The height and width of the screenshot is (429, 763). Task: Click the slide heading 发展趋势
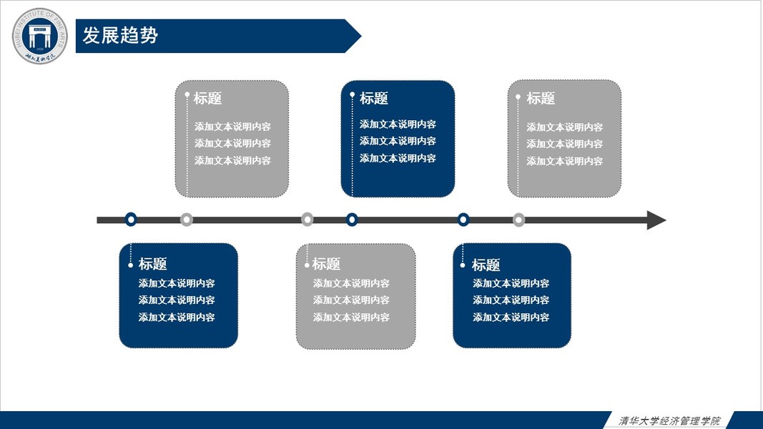tap(120, 35)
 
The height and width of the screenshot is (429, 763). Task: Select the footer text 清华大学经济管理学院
tap(669, 420)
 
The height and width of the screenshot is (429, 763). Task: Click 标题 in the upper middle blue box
tap(374, 99)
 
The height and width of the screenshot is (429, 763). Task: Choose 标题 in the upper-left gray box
tap(207, 99)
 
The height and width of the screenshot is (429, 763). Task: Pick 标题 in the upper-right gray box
tap(541, 99)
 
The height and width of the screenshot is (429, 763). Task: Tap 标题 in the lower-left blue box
tap(152, 265)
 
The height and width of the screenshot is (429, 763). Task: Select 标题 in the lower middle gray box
tap(326, 265)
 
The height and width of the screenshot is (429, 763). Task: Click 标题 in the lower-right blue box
tap(486, 265)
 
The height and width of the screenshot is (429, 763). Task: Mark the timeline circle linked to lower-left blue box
tap(131, 220)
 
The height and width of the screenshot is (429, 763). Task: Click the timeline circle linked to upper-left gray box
tap(187, 220)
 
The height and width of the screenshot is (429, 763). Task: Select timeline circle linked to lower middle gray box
tap(307, 220)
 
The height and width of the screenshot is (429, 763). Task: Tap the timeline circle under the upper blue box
tap(352, 220)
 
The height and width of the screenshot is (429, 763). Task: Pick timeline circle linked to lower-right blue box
tap(463, 220)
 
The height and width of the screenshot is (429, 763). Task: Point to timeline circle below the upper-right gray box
tap(519, 220)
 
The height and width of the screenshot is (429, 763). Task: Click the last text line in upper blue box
tap(398, 159)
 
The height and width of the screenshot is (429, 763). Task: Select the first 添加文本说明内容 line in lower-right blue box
tap(511, 284)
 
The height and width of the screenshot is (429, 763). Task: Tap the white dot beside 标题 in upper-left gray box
tap(187, 94)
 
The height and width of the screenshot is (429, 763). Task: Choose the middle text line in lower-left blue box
tap(177, 300)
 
